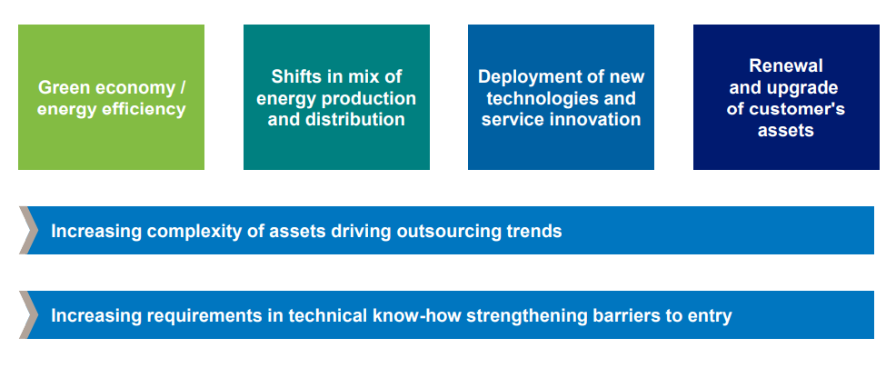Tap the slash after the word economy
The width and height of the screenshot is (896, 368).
tap(183, 87)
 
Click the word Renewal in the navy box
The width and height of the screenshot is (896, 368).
tap(786, 65)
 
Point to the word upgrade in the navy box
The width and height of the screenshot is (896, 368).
tap(805, 87)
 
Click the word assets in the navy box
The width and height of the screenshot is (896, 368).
tap(786, 131)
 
